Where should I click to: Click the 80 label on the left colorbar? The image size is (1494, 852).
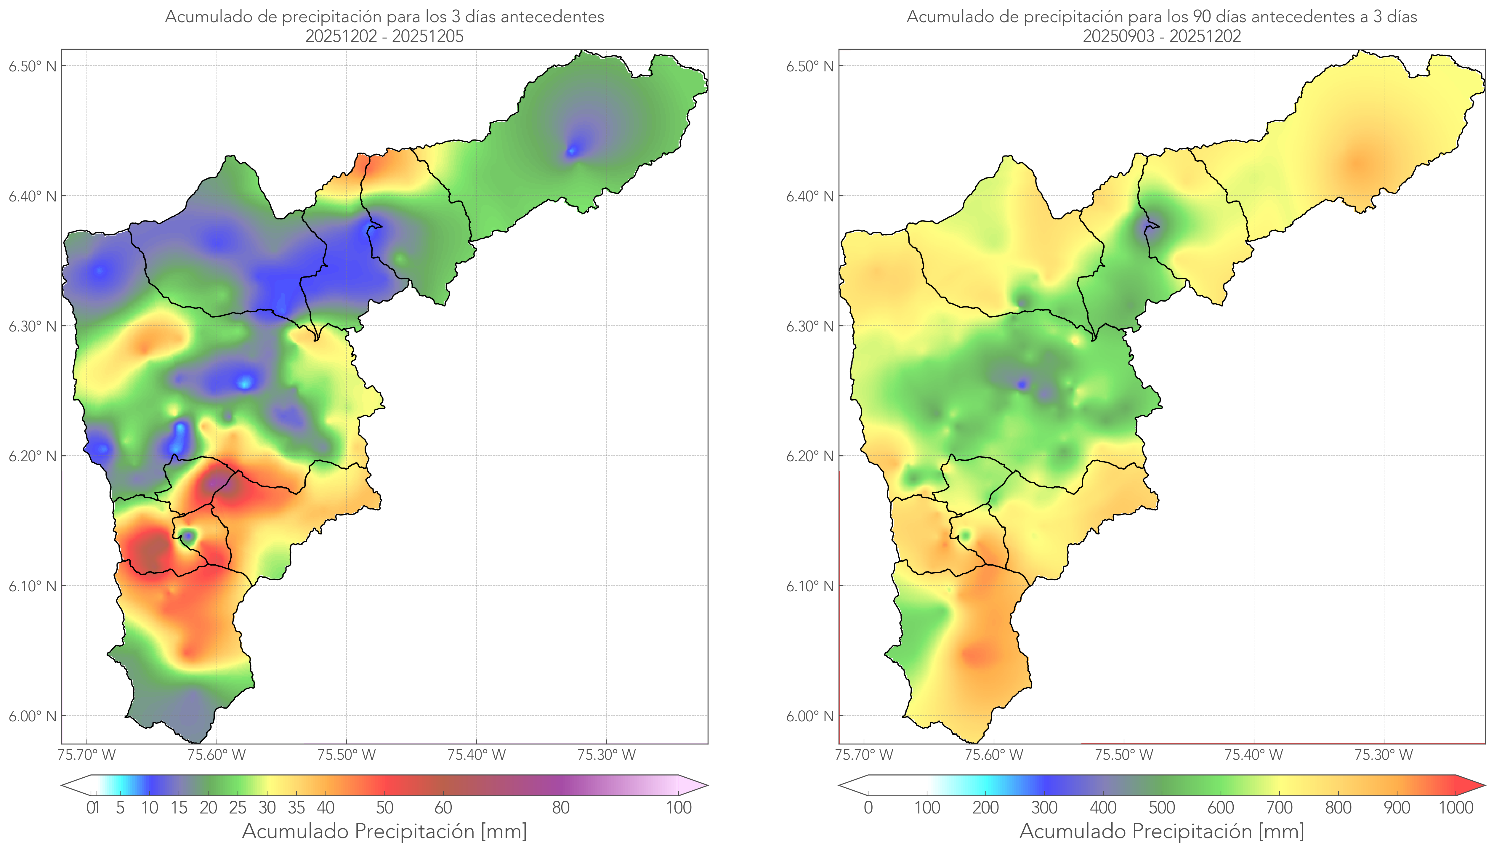point(560,808)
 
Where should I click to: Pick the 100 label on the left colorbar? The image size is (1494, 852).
point(679,808)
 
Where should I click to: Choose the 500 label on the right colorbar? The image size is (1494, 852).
point(1162,808)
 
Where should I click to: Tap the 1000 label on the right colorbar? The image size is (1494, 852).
point(1455,808)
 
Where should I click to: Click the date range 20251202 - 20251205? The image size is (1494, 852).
point(384,36)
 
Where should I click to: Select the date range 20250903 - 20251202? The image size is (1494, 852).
point(1162,36)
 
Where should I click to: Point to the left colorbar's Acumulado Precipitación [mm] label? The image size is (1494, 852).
point(384,831)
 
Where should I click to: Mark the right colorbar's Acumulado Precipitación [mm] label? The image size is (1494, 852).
point(1162,831)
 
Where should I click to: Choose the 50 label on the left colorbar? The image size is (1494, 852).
point(384,808)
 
